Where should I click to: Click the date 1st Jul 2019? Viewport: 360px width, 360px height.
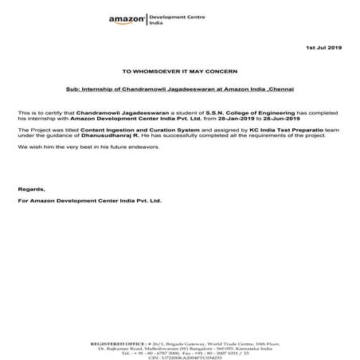pyautogui.click(x=323, y=49)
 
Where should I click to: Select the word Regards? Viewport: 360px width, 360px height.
pyautogui.click(x=31, y=189)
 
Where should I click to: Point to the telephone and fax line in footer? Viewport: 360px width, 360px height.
pyautogui.click(x=179, y=340)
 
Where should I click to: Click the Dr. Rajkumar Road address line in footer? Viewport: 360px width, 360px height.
pyautogui.click(x=179, y=334)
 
